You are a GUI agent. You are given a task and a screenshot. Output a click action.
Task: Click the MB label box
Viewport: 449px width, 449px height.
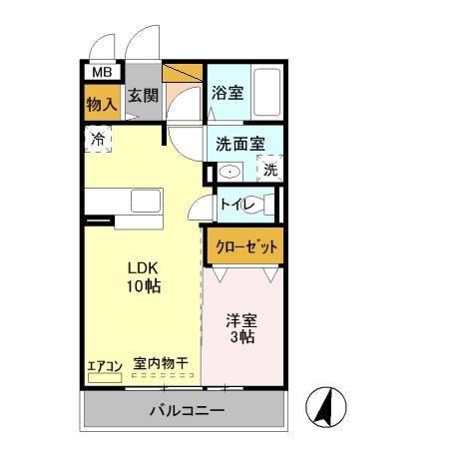coord(101,72)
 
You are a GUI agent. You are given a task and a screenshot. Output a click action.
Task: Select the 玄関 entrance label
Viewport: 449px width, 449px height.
coord(142,97)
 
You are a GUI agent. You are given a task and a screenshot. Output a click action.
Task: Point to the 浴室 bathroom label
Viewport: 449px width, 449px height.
coord(226,93)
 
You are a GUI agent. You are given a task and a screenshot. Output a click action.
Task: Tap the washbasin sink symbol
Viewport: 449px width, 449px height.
coord(229,171)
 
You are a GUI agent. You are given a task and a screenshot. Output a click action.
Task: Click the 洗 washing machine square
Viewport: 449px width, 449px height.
coord(269,170)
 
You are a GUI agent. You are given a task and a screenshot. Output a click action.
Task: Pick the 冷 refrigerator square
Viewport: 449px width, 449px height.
coord(99,139)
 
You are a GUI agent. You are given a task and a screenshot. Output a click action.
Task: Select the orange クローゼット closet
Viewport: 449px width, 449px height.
coord(244,244)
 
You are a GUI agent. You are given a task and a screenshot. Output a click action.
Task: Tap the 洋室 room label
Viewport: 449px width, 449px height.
coord(241,320)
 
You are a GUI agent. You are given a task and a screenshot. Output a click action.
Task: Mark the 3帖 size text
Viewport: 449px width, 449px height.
coord(241,338)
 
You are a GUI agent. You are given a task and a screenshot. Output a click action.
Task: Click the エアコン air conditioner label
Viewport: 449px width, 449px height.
coord(103,364)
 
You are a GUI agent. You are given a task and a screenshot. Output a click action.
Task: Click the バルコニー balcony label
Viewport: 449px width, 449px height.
coord(188,410)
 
